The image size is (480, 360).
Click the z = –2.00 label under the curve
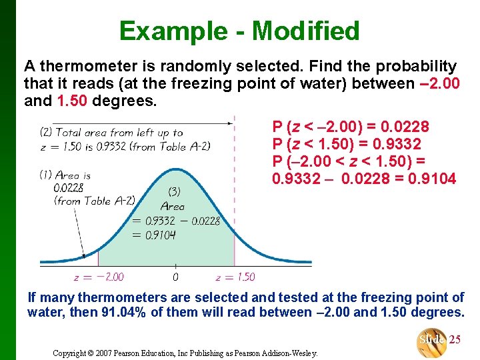point(99,277)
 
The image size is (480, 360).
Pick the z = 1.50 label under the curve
point(235,277)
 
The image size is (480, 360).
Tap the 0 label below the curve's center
point(175,277)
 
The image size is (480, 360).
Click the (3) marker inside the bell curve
point(173,192)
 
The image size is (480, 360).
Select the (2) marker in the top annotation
point(46,132)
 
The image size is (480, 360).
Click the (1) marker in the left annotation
point(46,175)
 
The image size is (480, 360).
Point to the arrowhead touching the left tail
point(84,255)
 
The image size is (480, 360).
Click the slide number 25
point(455,339)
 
